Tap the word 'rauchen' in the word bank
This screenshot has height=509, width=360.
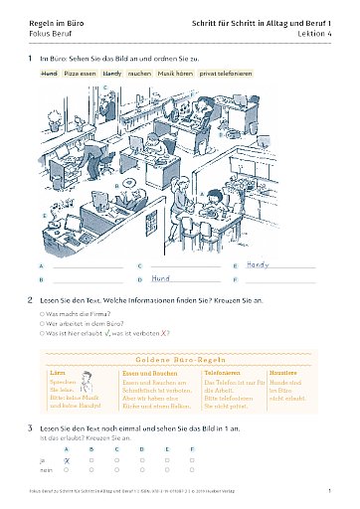click(x=138, y=74)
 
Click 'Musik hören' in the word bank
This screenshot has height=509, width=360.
click(x=174, y=74)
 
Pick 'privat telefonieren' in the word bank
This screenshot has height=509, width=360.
click(x=226, y=74)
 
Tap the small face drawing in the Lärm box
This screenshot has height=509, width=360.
click(x=88, y=383)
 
